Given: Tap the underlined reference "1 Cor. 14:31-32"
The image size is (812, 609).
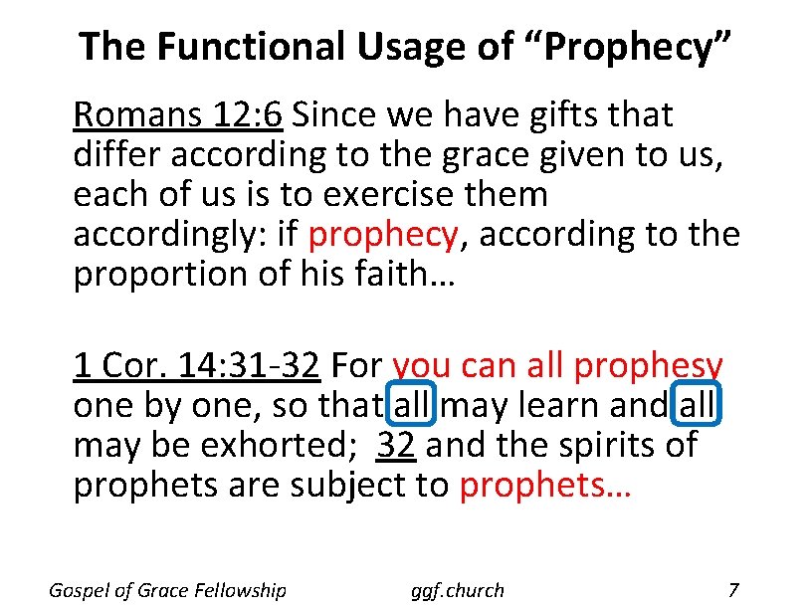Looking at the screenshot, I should tap(196, 366).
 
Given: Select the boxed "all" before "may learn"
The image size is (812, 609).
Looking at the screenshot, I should tap(413, 406).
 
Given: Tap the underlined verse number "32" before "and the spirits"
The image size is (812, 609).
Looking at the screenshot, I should tap(396, 446).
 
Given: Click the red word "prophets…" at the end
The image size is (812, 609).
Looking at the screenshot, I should tap(545, 486).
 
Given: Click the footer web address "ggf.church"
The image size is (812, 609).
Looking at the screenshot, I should tap(458, 590).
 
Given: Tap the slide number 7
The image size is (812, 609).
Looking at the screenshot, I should tap(733, 590).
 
